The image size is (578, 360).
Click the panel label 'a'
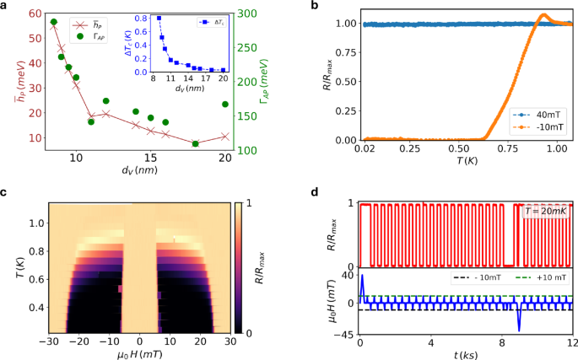6,7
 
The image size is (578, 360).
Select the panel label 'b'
316,7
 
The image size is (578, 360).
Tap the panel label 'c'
6,193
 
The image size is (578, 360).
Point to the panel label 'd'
316,193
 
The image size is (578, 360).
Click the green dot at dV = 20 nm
225,105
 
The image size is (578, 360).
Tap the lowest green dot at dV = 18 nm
196,143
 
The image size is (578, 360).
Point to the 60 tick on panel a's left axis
35,13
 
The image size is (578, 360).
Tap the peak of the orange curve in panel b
544,14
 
